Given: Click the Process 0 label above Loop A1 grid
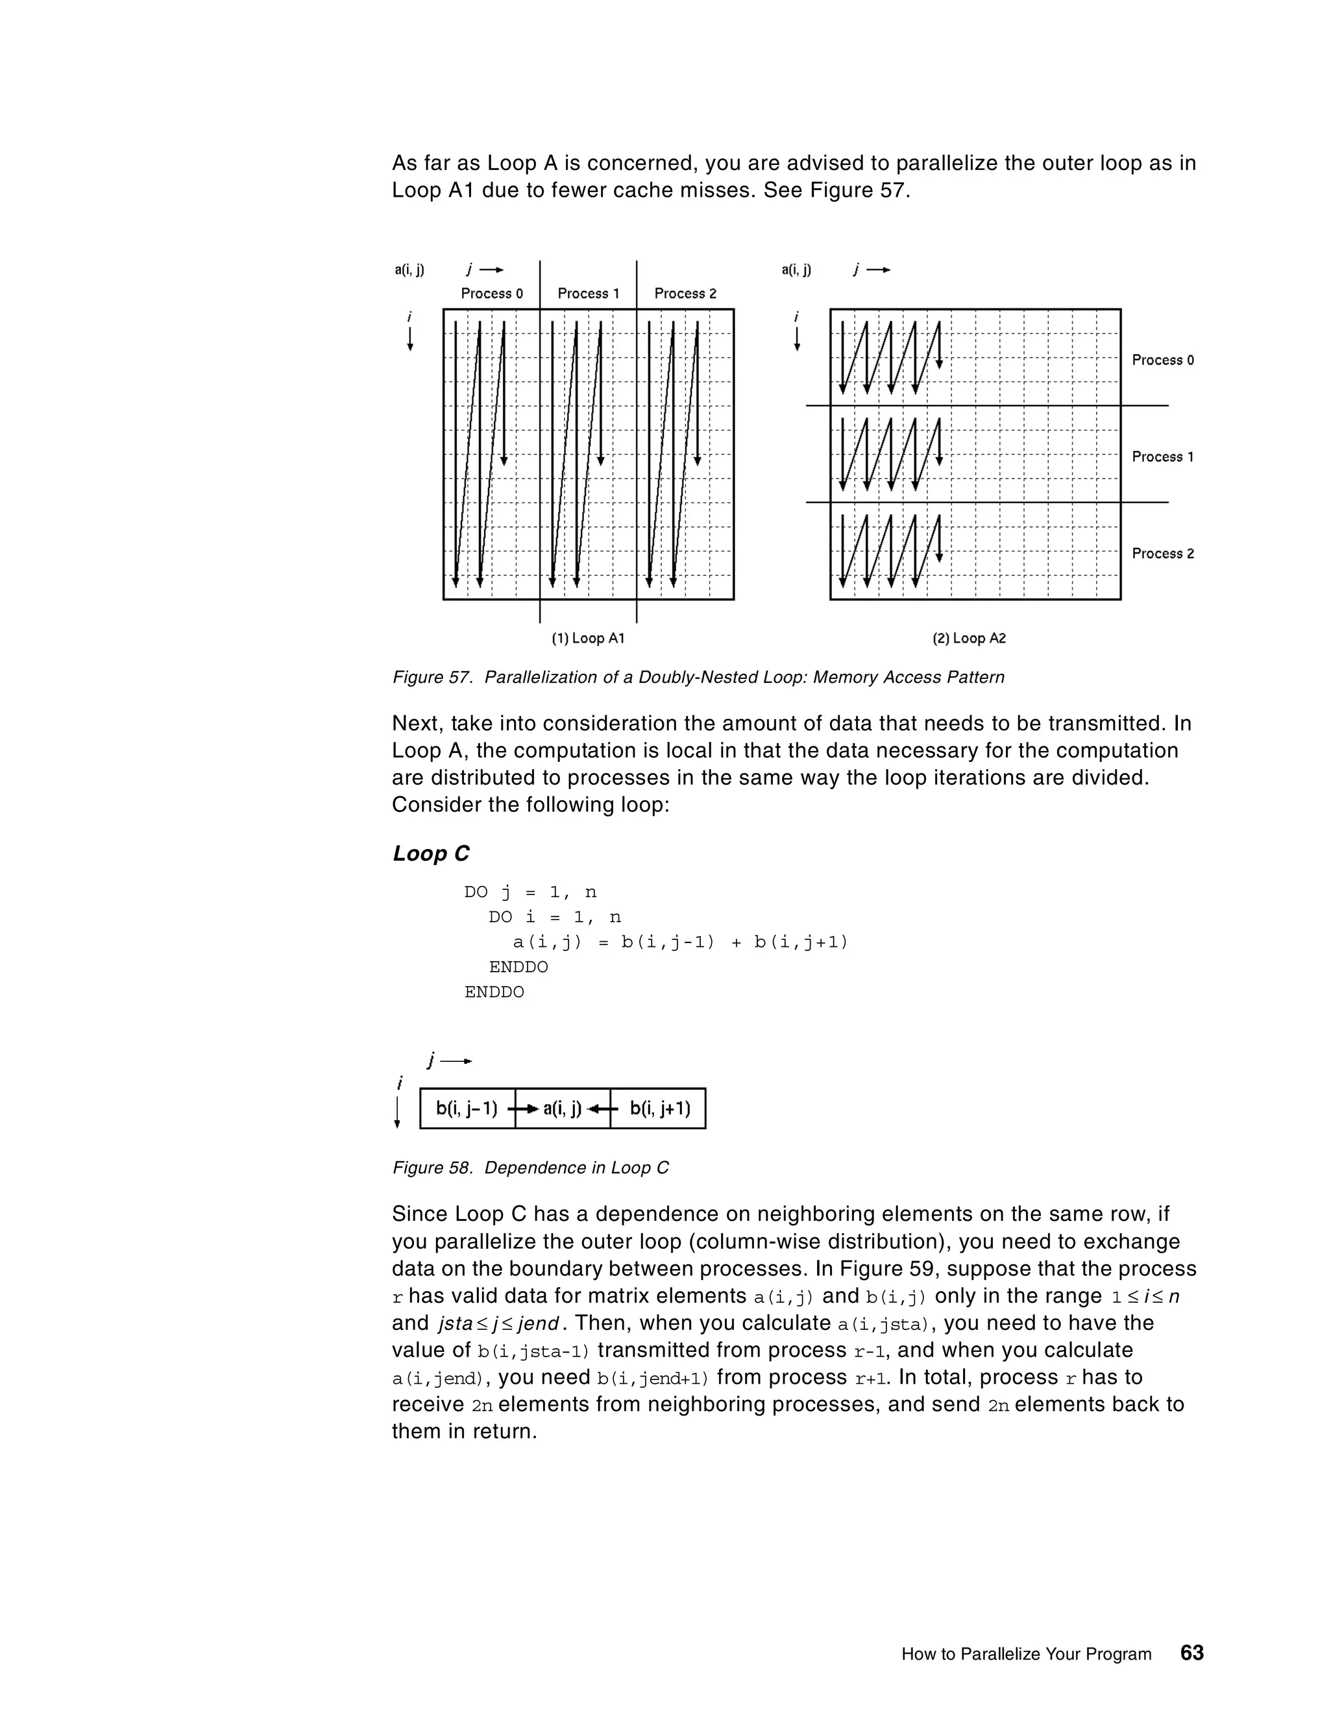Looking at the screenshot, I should [x=491, y=294].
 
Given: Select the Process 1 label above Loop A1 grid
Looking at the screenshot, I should [x=588, y=294].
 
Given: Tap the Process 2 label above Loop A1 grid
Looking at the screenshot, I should [x=685, y=294].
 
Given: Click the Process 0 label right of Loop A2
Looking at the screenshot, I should [x=1162, y=360].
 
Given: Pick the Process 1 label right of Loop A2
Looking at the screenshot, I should [x=1162, y=457].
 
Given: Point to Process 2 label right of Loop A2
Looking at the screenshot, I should [x=1162, y=554].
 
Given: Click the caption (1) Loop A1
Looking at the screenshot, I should [x=587, y=638].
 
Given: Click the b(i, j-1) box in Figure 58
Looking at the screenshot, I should [x=467, y=1109].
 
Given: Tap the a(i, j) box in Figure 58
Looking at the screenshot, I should [x=562, y=1109].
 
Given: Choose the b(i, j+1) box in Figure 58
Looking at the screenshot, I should [x=660, y=1109].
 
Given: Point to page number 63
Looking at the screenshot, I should [x=1192, y=1652].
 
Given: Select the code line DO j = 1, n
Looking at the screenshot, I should [x=530, y=892].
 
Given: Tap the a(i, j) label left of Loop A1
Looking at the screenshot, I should [x=409, y=270].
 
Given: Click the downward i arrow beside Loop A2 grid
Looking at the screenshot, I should [x=797, y=339].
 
